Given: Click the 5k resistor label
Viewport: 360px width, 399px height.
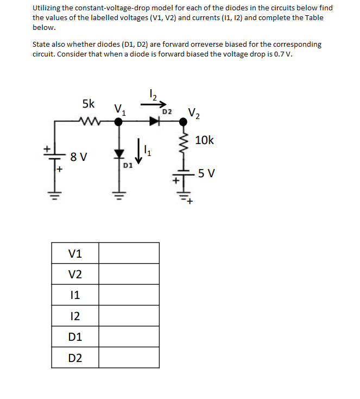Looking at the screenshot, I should click(x=89, y=103).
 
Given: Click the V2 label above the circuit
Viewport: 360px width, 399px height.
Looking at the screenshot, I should click(x=194, y=114).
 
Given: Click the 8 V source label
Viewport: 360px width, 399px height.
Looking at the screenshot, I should click(x=79, y=158).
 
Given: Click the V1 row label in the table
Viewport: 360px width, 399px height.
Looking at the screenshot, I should click(x=75, y=253).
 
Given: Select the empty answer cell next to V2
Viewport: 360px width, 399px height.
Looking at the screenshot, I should click(x=129, y=274).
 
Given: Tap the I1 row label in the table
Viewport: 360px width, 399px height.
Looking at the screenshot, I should click(x=75, y=295).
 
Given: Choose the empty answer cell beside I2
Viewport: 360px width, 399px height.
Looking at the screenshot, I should click(x=129, y=316).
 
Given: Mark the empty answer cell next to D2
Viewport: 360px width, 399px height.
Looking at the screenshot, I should click(x=129, y=358).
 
